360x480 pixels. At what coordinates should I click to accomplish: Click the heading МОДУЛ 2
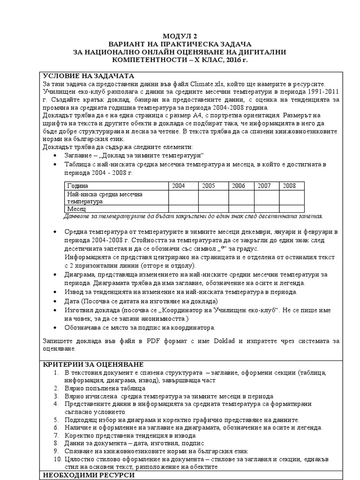[180, 36]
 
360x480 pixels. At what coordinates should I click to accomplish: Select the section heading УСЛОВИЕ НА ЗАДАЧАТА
[89, 76]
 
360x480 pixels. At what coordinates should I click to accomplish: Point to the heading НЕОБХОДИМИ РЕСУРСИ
[89, 475]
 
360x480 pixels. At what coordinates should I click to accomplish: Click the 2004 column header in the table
[179, 186]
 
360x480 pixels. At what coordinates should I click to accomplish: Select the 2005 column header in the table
[209, 186]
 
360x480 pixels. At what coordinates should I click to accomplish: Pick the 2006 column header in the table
[238, 186]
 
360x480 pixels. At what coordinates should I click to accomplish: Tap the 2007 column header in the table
[264, 186]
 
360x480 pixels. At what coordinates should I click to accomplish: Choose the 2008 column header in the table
[289, 186]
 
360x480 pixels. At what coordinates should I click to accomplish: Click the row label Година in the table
[77, 186]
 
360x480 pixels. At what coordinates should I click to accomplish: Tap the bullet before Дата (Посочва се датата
[56, 300]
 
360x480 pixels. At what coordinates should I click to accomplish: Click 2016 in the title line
[234, 60]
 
